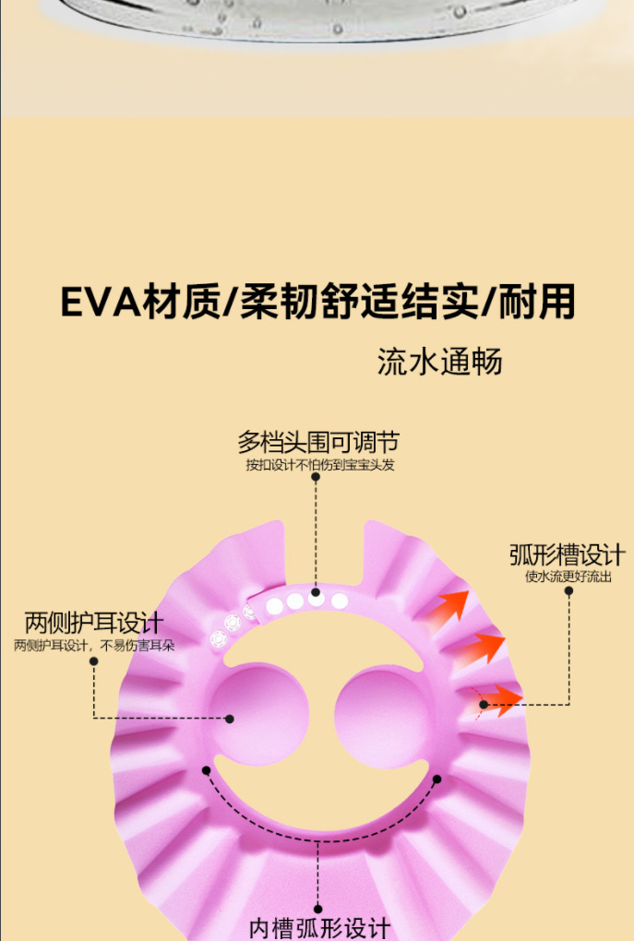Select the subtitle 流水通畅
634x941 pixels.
tap(439, 361)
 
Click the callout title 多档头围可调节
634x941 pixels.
tap(318, 442)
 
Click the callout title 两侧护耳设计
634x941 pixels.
tap(93, 623)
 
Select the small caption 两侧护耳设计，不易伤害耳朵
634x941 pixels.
tap(94, 645)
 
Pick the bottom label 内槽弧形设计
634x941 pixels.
tap(320, 927)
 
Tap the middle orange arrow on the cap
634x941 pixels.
tap(482, 648)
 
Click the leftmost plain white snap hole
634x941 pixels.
tap(274, 605)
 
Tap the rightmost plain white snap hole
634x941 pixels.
tap(340, 602)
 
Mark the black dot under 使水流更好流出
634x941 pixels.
tap(568, 590)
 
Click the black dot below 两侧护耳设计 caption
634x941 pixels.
tap(94, 661)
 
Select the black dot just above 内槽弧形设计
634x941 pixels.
tap(318, 909)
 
